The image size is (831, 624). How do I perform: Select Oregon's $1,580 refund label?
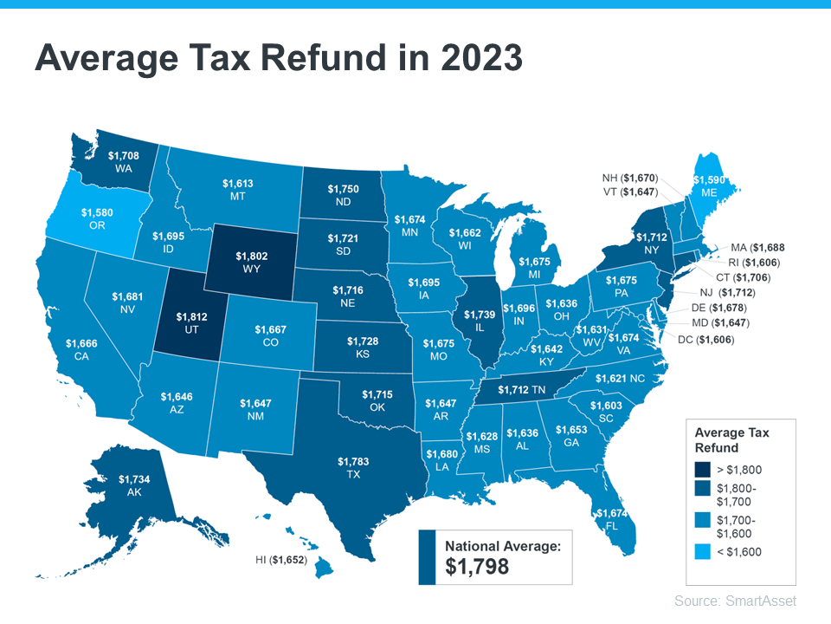97,211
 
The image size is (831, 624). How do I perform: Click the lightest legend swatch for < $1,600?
703,550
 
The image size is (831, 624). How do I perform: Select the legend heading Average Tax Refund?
731,439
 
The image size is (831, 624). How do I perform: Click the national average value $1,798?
477,567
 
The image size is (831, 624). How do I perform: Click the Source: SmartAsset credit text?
735,601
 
